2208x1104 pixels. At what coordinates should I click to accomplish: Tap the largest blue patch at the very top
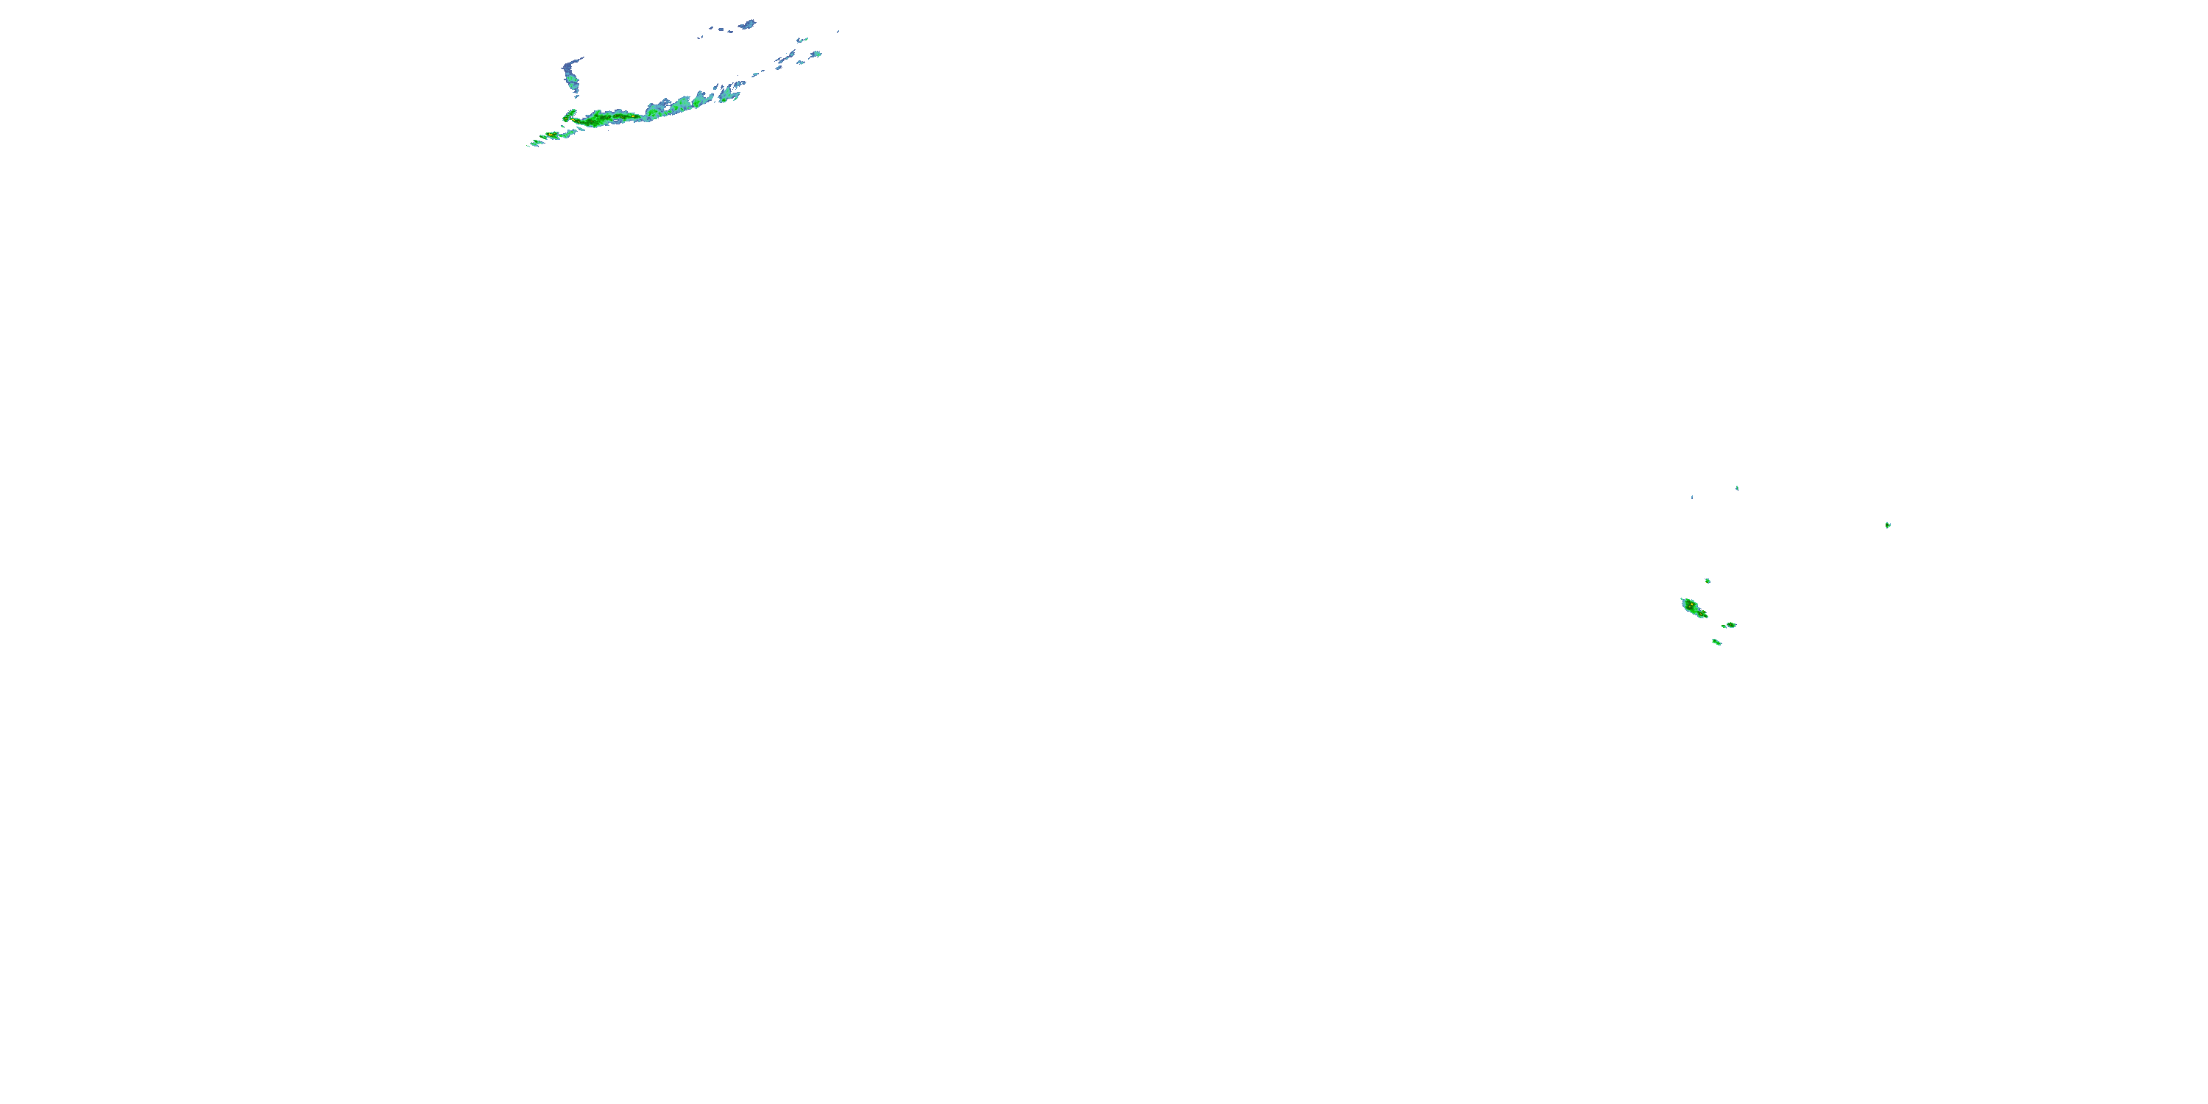click(748, 24)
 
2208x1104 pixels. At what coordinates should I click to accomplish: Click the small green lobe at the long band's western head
click(569, 114)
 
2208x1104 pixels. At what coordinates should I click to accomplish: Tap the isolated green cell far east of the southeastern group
click(1887, 525)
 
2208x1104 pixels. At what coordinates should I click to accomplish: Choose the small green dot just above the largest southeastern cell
click(1708, 580)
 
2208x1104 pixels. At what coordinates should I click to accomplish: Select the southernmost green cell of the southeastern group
click(1716, 641)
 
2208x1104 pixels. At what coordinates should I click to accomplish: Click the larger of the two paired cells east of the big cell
click(1731, 624)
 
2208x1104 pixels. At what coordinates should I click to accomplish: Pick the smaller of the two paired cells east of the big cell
click(1723, 626)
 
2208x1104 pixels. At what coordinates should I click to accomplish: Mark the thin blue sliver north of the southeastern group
click(1691, 496)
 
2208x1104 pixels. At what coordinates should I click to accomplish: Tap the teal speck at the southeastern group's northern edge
click(1736, 488)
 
